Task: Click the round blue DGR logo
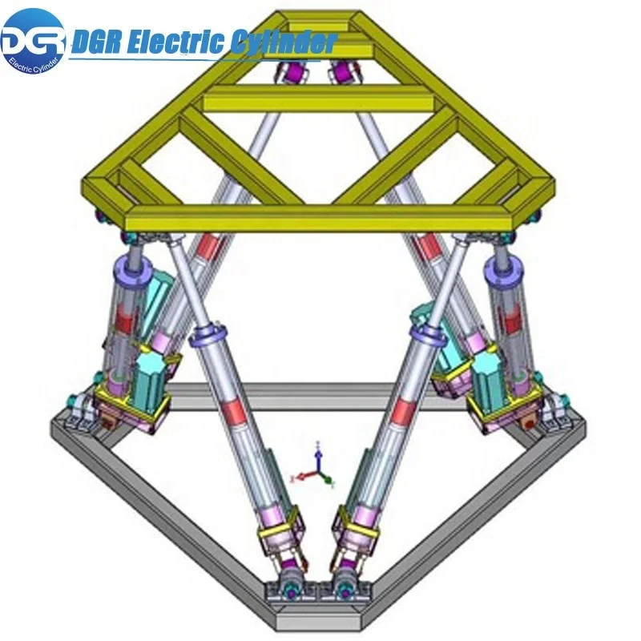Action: tap(34, 40)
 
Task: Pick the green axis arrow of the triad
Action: tap(329, 481)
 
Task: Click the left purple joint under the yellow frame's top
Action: tap(288, 74)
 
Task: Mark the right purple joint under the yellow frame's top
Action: tap(345, 74)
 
